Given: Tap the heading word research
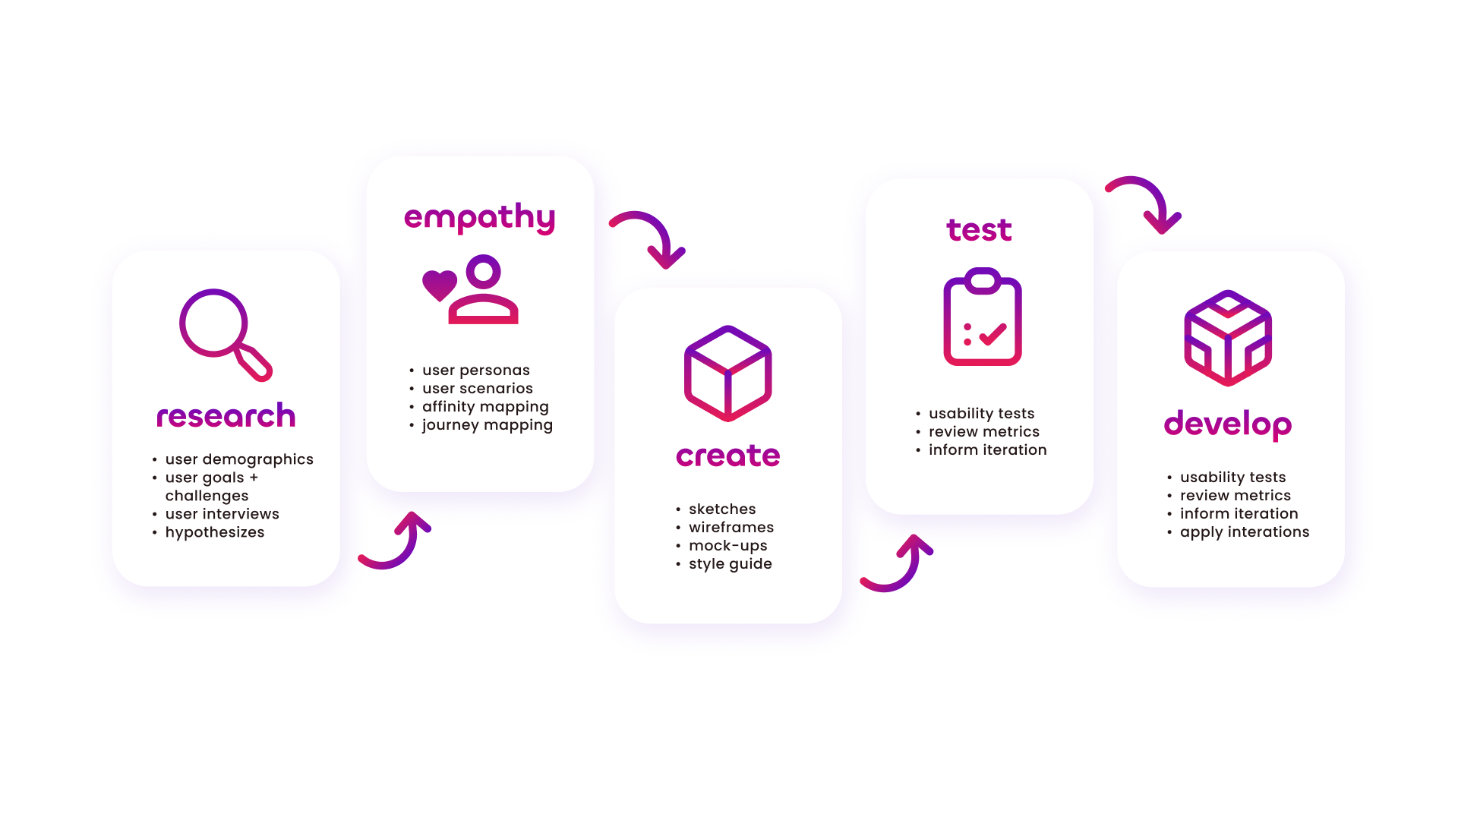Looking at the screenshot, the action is click(x=226, y=416).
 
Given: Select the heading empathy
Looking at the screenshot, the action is click(x=479, y=218).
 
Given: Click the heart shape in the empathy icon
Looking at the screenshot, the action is click(x=440, y=285).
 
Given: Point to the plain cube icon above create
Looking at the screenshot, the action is click(x=727, y=374).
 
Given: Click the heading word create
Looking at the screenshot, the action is click(x=727, y=456).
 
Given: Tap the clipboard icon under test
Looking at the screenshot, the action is click(x=982, y=317).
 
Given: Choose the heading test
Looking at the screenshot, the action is click(x=979, y=230).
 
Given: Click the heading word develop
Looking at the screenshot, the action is click(x=1227, y=424).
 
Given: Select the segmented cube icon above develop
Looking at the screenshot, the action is click(x=1228, y=338).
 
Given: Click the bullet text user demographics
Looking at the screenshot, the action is click(x=239, y=459).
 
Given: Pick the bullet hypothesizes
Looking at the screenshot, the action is click(x=215, y=532).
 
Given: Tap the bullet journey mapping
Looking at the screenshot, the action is click(x=487, y=425).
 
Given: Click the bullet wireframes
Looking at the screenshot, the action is click(x=731, y=528).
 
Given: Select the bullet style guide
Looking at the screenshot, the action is click(x=730, y=564).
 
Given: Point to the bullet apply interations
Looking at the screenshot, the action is click(x=1245, y=532).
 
